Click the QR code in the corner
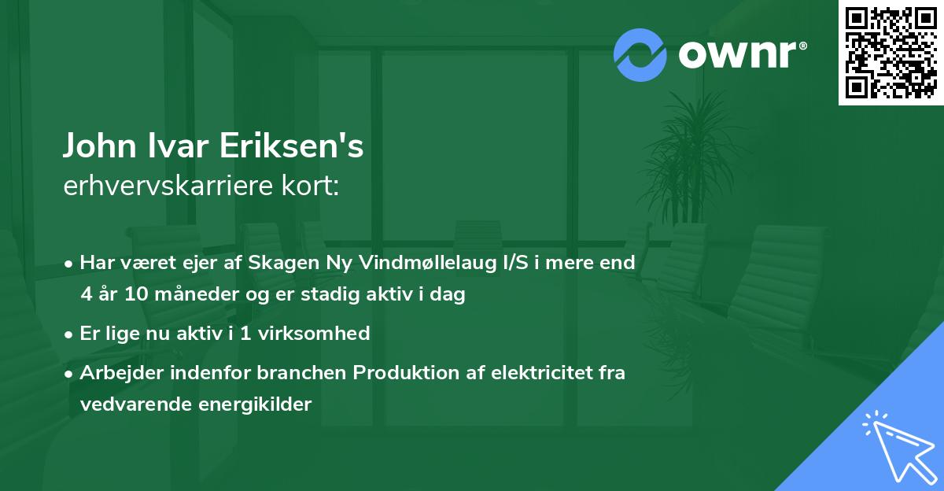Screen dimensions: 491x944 click(x=891, y=53)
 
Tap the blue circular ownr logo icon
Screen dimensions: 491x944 click(x=640, y=54)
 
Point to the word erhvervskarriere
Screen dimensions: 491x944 click(x=164, y=187)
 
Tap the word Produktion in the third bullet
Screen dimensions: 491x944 click(x=397, y=372)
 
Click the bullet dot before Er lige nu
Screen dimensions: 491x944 click(x=69, y=334)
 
